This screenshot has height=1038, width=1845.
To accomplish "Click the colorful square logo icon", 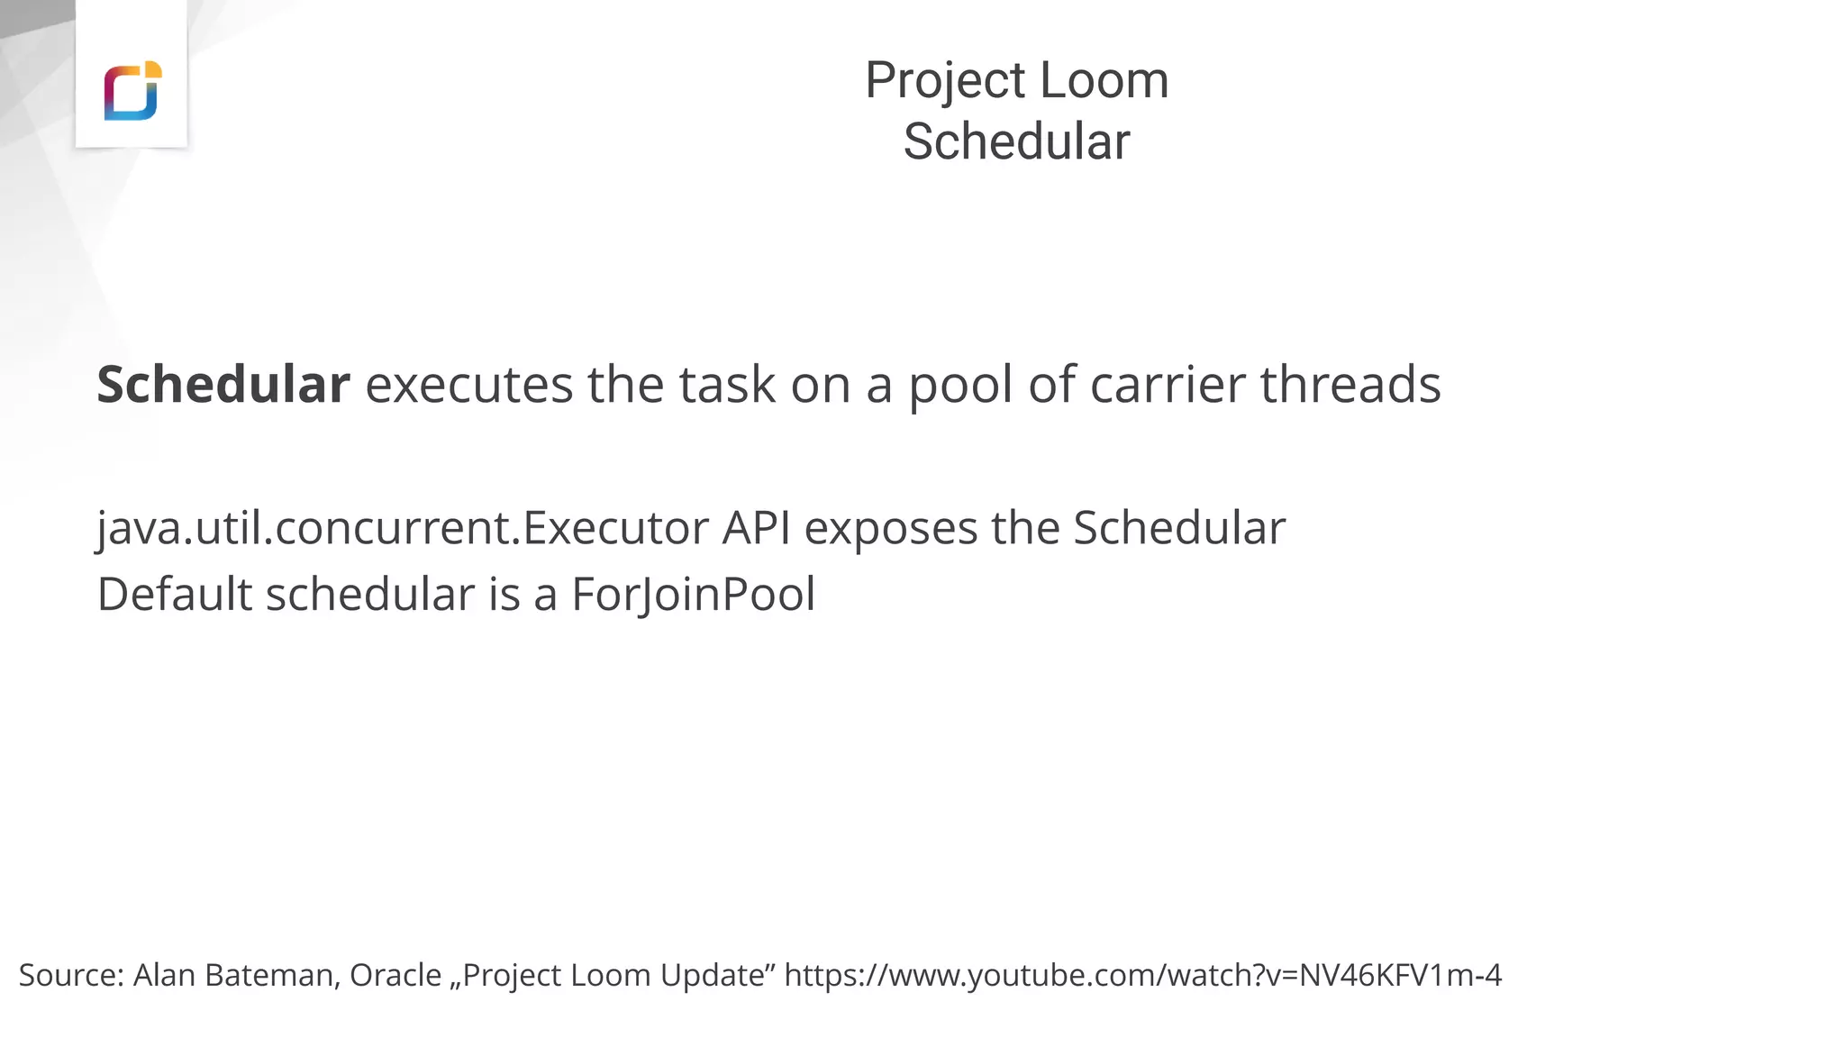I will click(x=132, y=90).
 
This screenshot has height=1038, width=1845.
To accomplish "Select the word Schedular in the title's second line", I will click(x=1016, y=142).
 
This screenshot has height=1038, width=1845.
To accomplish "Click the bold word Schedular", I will click(x=223, y=385).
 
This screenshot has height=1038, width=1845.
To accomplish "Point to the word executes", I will click(x=468, y=385).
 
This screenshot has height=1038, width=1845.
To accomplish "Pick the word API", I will click(x=756, y=528).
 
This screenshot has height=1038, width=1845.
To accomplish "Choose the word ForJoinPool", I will click(x=693, y=596).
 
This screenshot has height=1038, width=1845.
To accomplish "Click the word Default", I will click(x=174, y=595).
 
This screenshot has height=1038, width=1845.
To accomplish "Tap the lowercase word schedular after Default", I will click(x=370, y=595).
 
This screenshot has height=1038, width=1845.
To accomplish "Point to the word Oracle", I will click(x=395, y=975).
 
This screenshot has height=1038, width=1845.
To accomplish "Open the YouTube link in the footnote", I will click(x=1142, y=975).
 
